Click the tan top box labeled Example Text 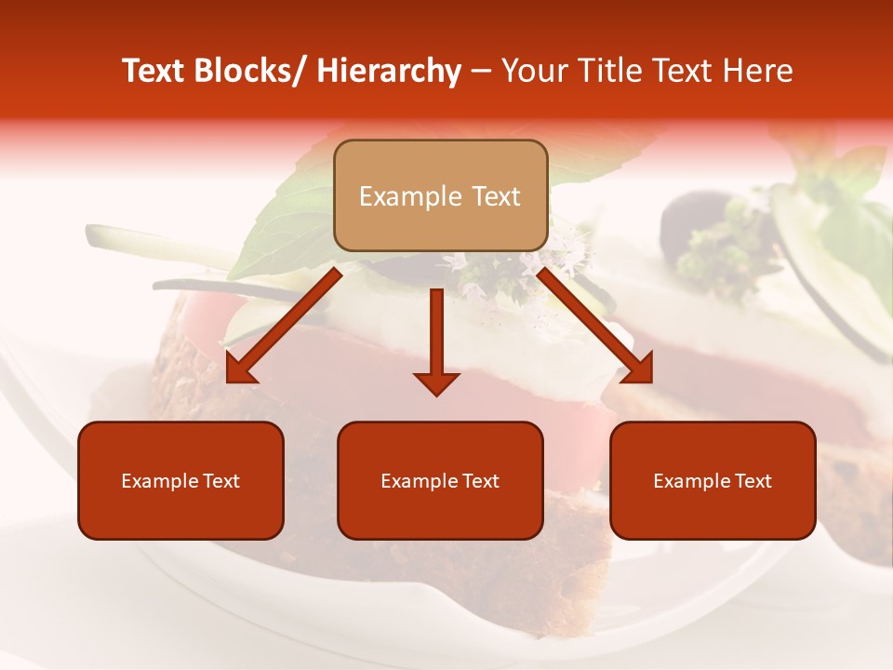tap(440, 195)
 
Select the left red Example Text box tap(180, 480)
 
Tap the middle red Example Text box tap(440, 480)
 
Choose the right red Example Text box tap(713, 480)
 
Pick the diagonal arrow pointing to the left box tap(284, 326)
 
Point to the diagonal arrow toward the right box tap(595, 326)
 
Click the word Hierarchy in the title tap(389, 72)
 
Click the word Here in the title tap(758, 72)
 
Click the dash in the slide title tap(481, 72)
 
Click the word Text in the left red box tap(220, 481)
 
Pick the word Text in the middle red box tap(480, 481)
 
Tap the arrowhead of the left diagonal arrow tap(240, 369)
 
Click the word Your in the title tap(533, 72)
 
